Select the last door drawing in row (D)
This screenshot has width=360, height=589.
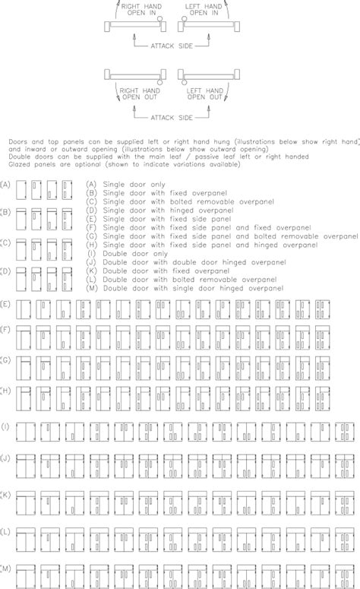(x=67, y=275)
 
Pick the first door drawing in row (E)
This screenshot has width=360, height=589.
(x=23, y=309)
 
